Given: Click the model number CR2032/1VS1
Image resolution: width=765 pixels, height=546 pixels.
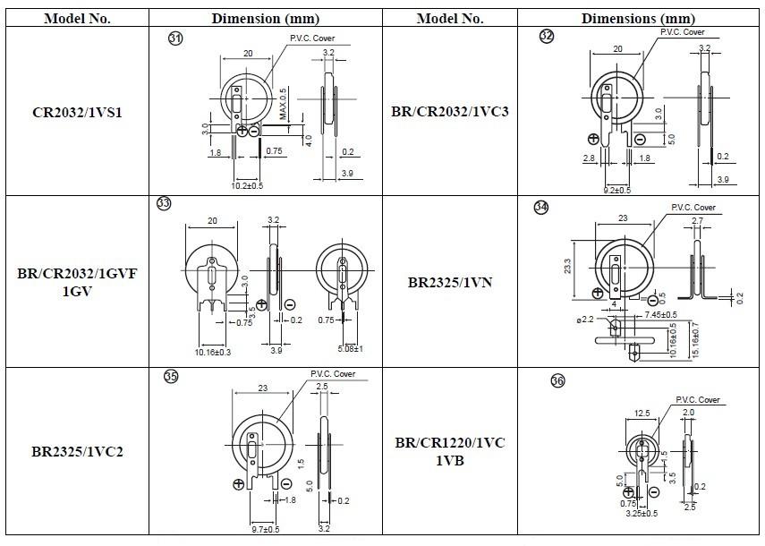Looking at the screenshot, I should pyautogui.click(x=78, y=112).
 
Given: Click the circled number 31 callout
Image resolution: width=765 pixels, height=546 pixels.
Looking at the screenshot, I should pyautogui.click(x=175, y=38).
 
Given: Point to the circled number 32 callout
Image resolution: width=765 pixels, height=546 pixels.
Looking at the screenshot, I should pyautogui.click(x=547, y=37).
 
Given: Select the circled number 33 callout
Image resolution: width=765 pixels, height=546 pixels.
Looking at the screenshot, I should pyautogui.click(x=164, y=203).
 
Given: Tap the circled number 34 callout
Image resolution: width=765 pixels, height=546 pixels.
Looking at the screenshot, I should pyautogui.click(x=541, y=207).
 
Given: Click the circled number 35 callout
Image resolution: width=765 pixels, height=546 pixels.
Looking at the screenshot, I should pyautogui.click(x=171, y=377).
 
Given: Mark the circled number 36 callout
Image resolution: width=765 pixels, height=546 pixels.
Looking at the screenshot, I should pyautogui.click(x=557, y=381).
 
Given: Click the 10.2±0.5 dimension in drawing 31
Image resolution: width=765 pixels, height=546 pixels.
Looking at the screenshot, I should pyautogui.click(x=248, y=186).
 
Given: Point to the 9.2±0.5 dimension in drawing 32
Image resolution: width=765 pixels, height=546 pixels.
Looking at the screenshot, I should pyautogui.click(x=617, y=190).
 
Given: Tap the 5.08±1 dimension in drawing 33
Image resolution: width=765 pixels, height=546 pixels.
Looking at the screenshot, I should pyautogui.click(x=350, y=349).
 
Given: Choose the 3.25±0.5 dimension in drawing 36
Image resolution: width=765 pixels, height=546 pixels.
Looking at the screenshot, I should pyautogui.click(x=641, y=514).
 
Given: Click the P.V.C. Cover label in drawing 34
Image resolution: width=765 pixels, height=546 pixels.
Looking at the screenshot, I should pyautogui.click(x=693, y=208).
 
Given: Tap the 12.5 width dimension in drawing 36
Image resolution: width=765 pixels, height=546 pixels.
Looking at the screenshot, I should pyautogui.click(x=641, y=413).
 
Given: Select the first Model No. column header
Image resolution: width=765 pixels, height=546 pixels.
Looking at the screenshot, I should pyautogui.click(x=78, y=18).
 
